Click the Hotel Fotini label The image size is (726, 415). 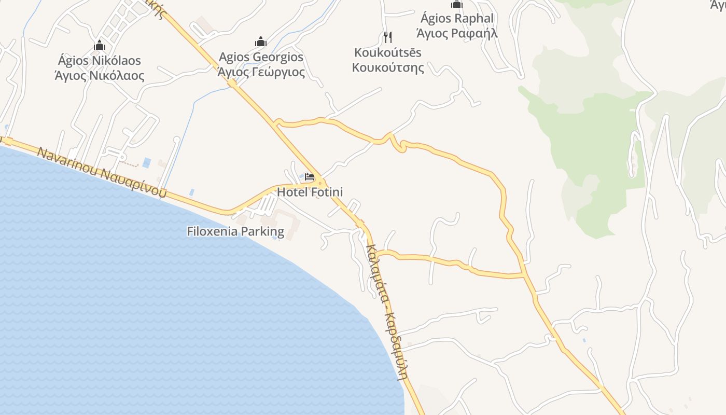[x=310, y=192]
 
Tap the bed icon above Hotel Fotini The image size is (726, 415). [x=310, y=177]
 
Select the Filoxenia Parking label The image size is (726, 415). [x=235, y=231]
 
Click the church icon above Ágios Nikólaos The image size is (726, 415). [x=100, y=45]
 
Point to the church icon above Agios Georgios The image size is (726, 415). [x=261, y=41]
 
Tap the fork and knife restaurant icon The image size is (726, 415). [x=388, y=37]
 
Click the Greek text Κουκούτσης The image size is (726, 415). [x=388, y=67]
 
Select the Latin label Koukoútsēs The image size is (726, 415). [x=388, y=52]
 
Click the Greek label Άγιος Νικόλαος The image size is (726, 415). [x=99, y=75]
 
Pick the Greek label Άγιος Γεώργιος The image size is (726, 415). [x=261, y=72]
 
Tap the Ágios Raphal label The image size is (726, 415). [x=457, y=18]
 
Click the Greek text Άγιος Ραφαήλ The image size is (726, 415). [x=457, y=33]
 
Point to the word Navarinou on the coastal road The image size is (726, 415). [x=67, y=161]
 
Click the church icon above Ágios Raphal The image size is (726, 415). [x=457, y=4]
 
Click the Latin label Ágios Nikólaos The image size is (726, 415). [x=99, y=60]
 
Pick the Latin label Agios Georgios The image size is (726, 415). [x=261, y=57]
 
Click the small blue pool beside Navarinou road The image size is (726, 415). [x=147, y=163]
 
